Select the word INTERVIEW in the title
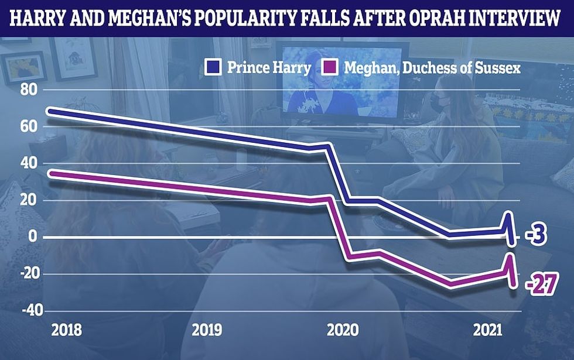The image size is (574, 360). pos(520,19)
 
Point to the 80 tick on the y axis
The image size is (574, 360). pos(29,90)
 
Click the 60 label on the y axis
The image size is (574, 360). pos(29,126)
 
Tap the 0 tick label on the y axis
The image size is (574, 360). pos(32,237)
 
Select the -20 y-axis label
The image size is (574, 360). pos(26,274)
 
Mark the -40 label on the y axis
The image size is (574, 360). pos(26,310)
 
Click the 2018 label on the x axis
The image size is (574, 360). pos(66,331)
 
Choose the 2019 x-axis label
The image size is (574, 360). pos(207,331)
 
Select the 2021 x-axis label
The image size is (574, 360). pos(486,331)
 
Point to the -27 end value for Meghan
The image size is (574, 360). pos(541,286)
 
